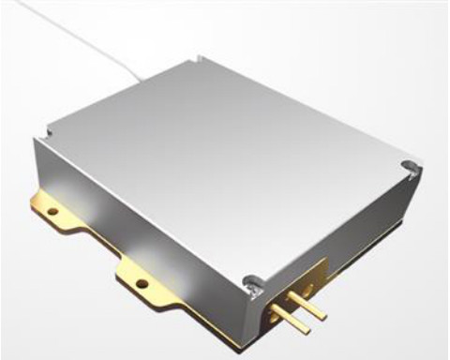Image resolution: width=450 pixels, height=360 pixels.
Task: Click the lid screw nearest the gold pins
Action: [249, 279]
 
